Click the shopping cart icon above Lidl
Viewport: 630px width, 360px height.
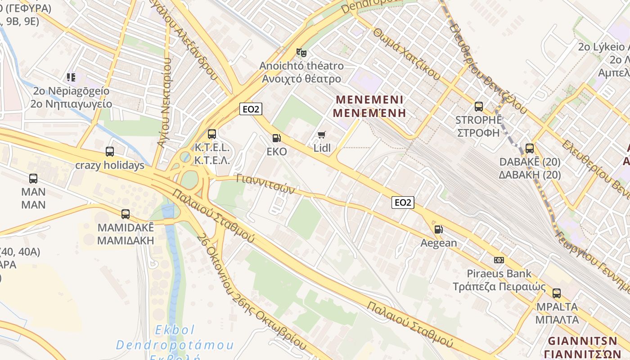321,135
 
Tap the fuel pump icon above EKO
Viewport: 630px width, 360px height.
276,138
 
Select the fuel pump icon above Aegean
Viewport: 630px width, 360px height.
438,229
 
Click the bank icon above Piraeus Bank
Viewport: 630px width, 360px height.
499,260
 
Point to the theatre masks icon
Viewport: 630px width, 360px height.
301,52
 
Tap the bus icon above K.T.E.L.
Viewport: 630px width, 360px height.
212,134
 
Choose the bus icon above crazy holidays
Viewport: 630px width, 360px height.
110,152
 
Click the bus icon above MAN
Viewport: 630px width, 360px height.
33,179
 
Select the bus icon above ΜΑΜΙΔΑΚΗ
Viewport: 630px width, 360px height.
126,214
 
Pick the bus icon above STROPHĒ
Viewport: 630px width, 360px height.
479,107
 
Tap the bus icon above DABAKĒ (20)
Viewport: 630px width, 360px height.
530,148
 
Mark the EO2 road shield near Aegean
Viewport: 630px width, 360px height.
402,202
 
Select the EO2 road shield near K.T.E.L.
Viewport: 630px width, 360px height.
251,109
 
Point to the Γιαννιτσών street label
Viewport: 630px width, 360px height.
265,184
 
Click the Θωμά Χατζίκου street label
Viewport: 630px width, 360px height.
406,54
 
